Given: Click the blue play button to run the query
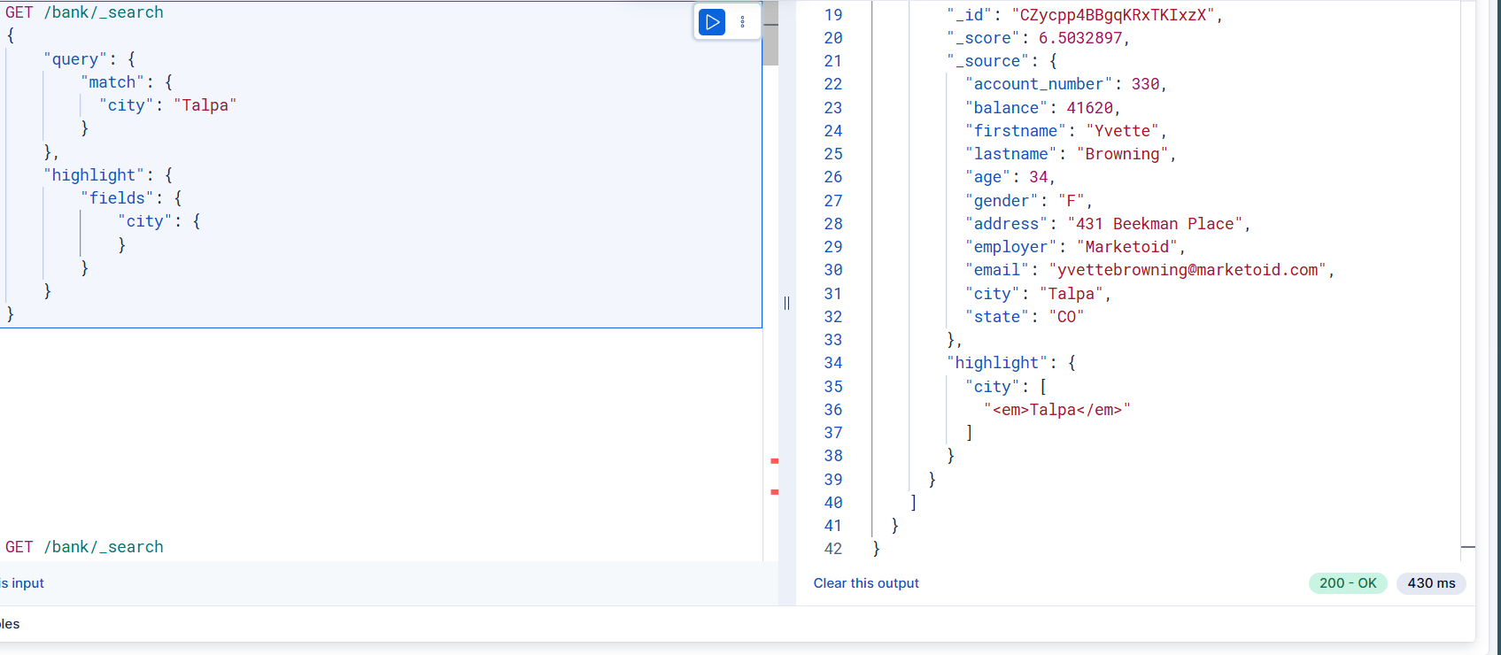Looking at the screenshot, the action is coord(712,22).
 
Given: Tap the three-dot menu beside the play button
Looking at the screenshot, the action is coord(742,22).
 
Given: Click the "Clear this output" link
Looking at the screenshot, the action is coord(866,583).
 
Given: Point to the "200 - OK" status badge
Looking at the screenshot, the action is coord(1348,583).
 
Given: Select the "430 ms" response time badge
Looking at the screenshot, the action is coord(1431,583).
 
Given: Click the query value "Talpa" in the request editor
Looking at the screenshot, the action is coord(205,105).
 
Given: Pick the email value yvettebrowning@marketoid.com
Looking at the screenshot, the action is coord(1188,270).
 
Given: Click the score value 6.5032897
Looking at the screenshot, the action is coord(1080,38).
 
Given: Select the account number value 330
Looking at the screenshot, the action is coord(1145,84).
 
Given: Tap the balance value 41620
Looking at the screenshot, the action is coord(1089,108).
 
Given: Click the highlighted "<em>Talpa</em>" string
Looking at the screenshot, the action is coord(1056,410).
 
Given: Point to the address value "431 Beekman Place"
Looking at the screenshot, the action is coord(1156,224).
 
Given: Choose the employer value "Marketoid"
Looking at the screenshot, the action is coord(1127,247).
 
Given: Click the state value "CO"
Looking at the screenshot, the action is coord(1066,317).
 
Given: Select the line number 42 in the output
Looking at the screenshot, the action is coord(833,549).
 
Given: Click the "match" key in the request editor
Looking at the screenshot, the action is coord(112,82).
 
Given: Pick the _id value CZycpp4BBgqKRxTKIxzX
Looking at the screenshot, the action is coord(1113,15).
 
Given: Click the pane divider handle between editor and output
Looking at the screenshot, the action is coord(786,304).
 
